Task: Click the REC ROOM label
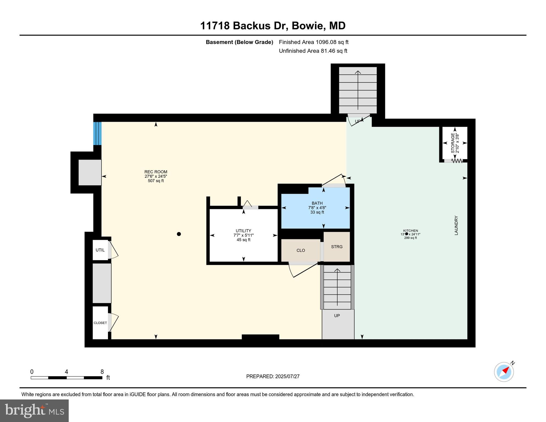[x=156, y=172]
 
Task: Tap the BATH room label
[x=317, y=204]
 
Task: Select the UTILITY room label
[x=243, y=231]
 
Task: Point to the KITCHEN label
[x=411, y=231]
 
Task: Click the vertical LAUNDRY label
[x=456, y=225]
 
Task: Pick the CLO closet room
[x=301, y=250]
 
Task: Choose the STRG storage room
[x=337, y=247]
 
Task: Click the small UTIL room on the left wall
[x=100, y=250]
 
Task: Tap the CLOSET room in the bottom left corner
[x=100, y=323]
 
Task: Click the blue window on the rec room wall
[x=97, y=134]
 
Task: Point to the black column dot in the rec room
[x=179, y=234]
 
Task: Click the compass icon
[x=504, y=372]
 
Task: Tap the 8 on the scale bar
[x=102, y=372]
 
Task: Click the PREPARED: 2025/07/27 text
[x=273, y=376]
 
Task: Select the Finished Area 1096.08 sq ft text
[x=314, y=42]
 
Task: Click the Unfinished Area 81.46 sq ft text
[x=313, y=51]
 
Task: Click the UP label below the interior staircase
[x=337, y=316]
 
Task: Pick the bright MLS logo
[x=34, y=410]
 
